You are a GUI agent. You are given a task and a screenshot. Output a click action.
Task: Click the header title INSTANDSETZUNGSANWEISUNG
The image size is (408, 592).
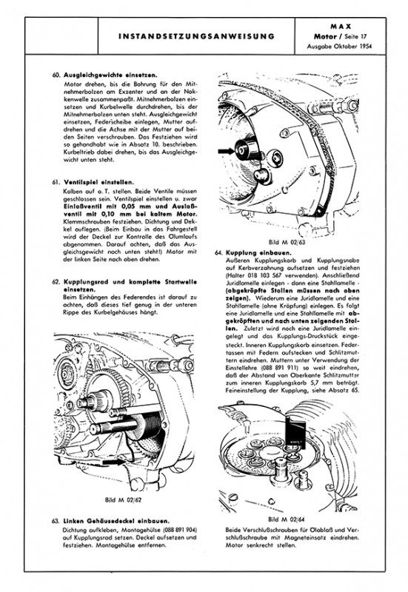(x=196, y=36)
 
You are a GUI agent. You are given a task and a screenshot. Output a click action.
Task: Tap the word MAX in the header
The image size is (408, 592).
(x=341, y=27)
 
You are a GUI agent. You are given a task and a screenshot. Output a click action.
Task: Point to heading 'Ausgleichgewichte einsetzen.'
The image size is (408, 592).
(x=110, y=75)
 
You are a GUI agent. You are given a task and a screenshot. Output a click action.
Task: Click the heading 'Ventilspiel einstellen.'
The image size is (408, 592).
(x=98, y=182)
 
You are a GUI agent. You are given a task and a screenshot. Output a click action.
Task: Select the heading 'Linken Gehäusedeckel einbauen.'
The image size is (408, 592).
(x=116, y=521)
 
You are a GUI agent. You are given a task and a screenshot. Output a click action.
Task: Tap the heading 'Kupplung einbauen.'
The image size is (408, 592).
(x=258, y=252)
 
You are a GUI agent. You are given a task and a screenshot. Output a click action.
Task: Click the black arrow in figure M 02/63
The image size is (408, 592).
(x=226, y=151)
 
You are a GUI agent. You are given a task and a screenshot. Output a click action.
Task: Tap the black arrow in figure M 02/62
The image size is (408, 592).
(x=114, y=461)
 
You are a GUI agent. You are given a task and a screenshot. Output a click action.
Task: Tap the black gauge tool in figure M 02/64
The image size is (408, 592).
(x=295, y=432)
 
